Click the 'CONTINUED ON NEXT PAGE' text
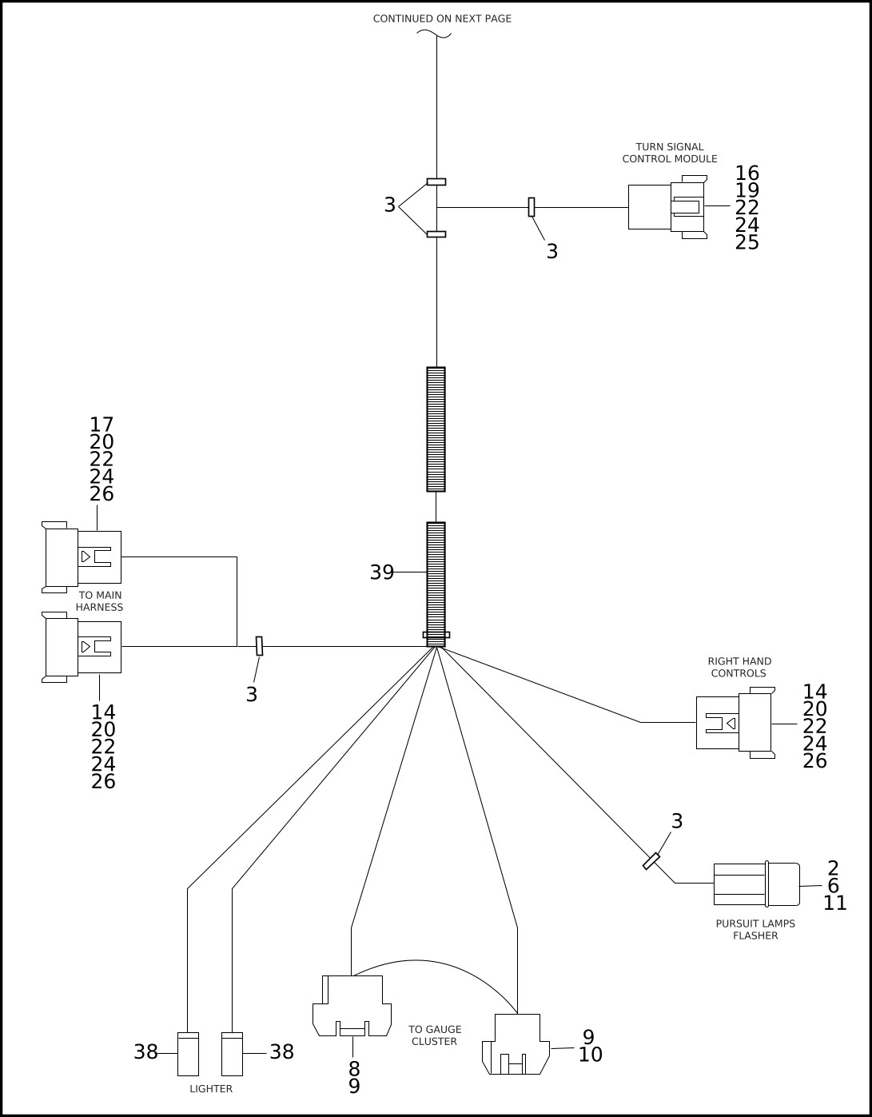(x=442, y=18)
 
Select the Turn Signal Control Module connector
(x=667, y=207)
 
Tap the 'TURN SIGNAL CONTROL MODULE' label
(x=670, y=153)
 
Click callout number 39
(x=381, y=572)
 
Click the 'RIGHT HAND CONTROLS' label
(x=739, y=667)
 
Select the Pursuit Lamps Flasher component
(x=755, y=884)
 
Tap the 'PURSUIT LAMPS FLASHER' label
(x=755, y=929)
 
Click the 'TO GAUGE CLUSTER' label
(x=435, y=1035)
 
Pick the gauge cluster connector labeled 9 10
(x=516, y=1044)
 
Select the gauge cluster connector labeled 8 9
(x=352, y=1006)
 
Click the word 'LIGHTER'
(x=211, y=1089)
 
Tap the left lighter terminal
(x=188, y=1054)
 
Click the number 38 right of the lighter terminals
(x=281, y=1052)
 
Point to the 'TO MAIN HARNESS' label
(x=99, y=601)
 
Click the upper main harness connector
(x=82, y=557)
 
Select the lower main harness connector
(x=82, y=647)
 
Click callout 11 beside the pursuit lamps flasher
(x=834, y=904)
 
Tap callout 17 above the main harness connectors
(x=102, y=425)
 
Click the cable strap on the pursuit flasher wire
(x=651, y=861)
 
